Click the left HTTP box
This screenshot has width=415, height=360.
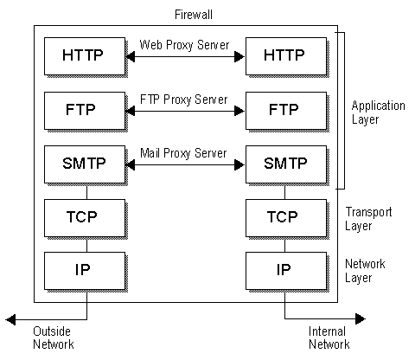(x=82, y=56)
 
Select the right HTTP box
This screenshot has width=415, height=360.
(x=284, y=56)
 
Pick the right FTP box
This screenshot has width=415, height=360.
(x=284, y=110)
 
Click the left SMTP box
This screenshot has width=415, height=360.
(x=82, y=164)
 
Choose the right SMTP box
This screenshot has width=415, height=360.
(x=284, y=164)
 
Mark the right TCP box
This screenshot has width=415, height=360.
(x=284, y=216)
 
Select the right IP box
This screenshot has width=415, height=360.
(x=284, y=269)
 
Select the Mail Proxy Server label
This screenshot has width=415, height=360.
(x=182, y=153)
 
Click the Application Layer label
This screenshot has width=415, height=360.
(x=378, y=112)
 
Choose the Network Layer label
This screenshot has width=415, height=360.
(x=365, y=271)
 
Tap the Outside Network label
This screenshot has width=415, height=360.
(x=53, y=337)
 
